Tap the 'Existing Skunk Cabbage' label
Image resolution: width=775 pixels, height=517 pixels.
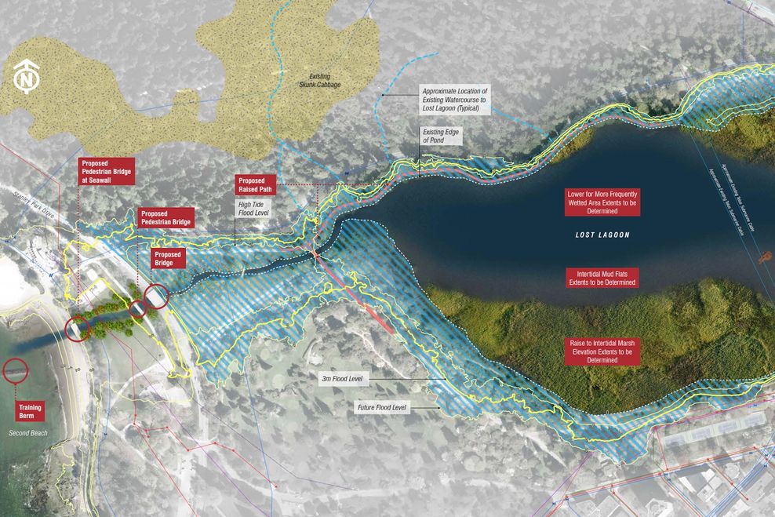tap(319, 80)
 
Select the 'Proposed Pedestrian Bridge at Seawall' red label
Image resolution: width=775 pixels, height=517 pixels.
tap(107, 172)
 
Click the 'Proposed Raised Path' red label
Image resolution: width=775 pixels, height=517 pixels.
tap(256, 186)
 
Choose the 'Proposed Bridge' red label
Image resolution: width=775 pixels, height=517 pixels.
tap(169, 259)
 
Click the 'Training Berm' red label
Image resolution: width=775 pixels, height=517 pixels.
tap(31, 412)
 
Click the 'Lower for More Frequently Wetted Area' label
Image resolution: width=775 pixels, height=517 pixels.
tap(602, 202)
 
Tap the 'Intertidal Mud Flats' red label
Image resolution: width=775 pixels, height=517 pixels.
tap(602, 277)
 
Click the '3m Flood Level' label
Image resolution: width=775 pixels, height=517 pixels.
tap(341, 379)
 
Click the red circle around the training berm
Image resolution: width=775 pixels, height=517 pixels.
tap(15, 370)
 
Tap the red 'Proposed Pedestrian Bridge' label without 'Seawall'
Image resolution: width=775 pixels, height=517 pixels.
tap(165, 218)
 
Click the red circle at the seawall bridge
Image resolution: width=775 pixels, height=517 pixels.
tap(78, 329)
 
